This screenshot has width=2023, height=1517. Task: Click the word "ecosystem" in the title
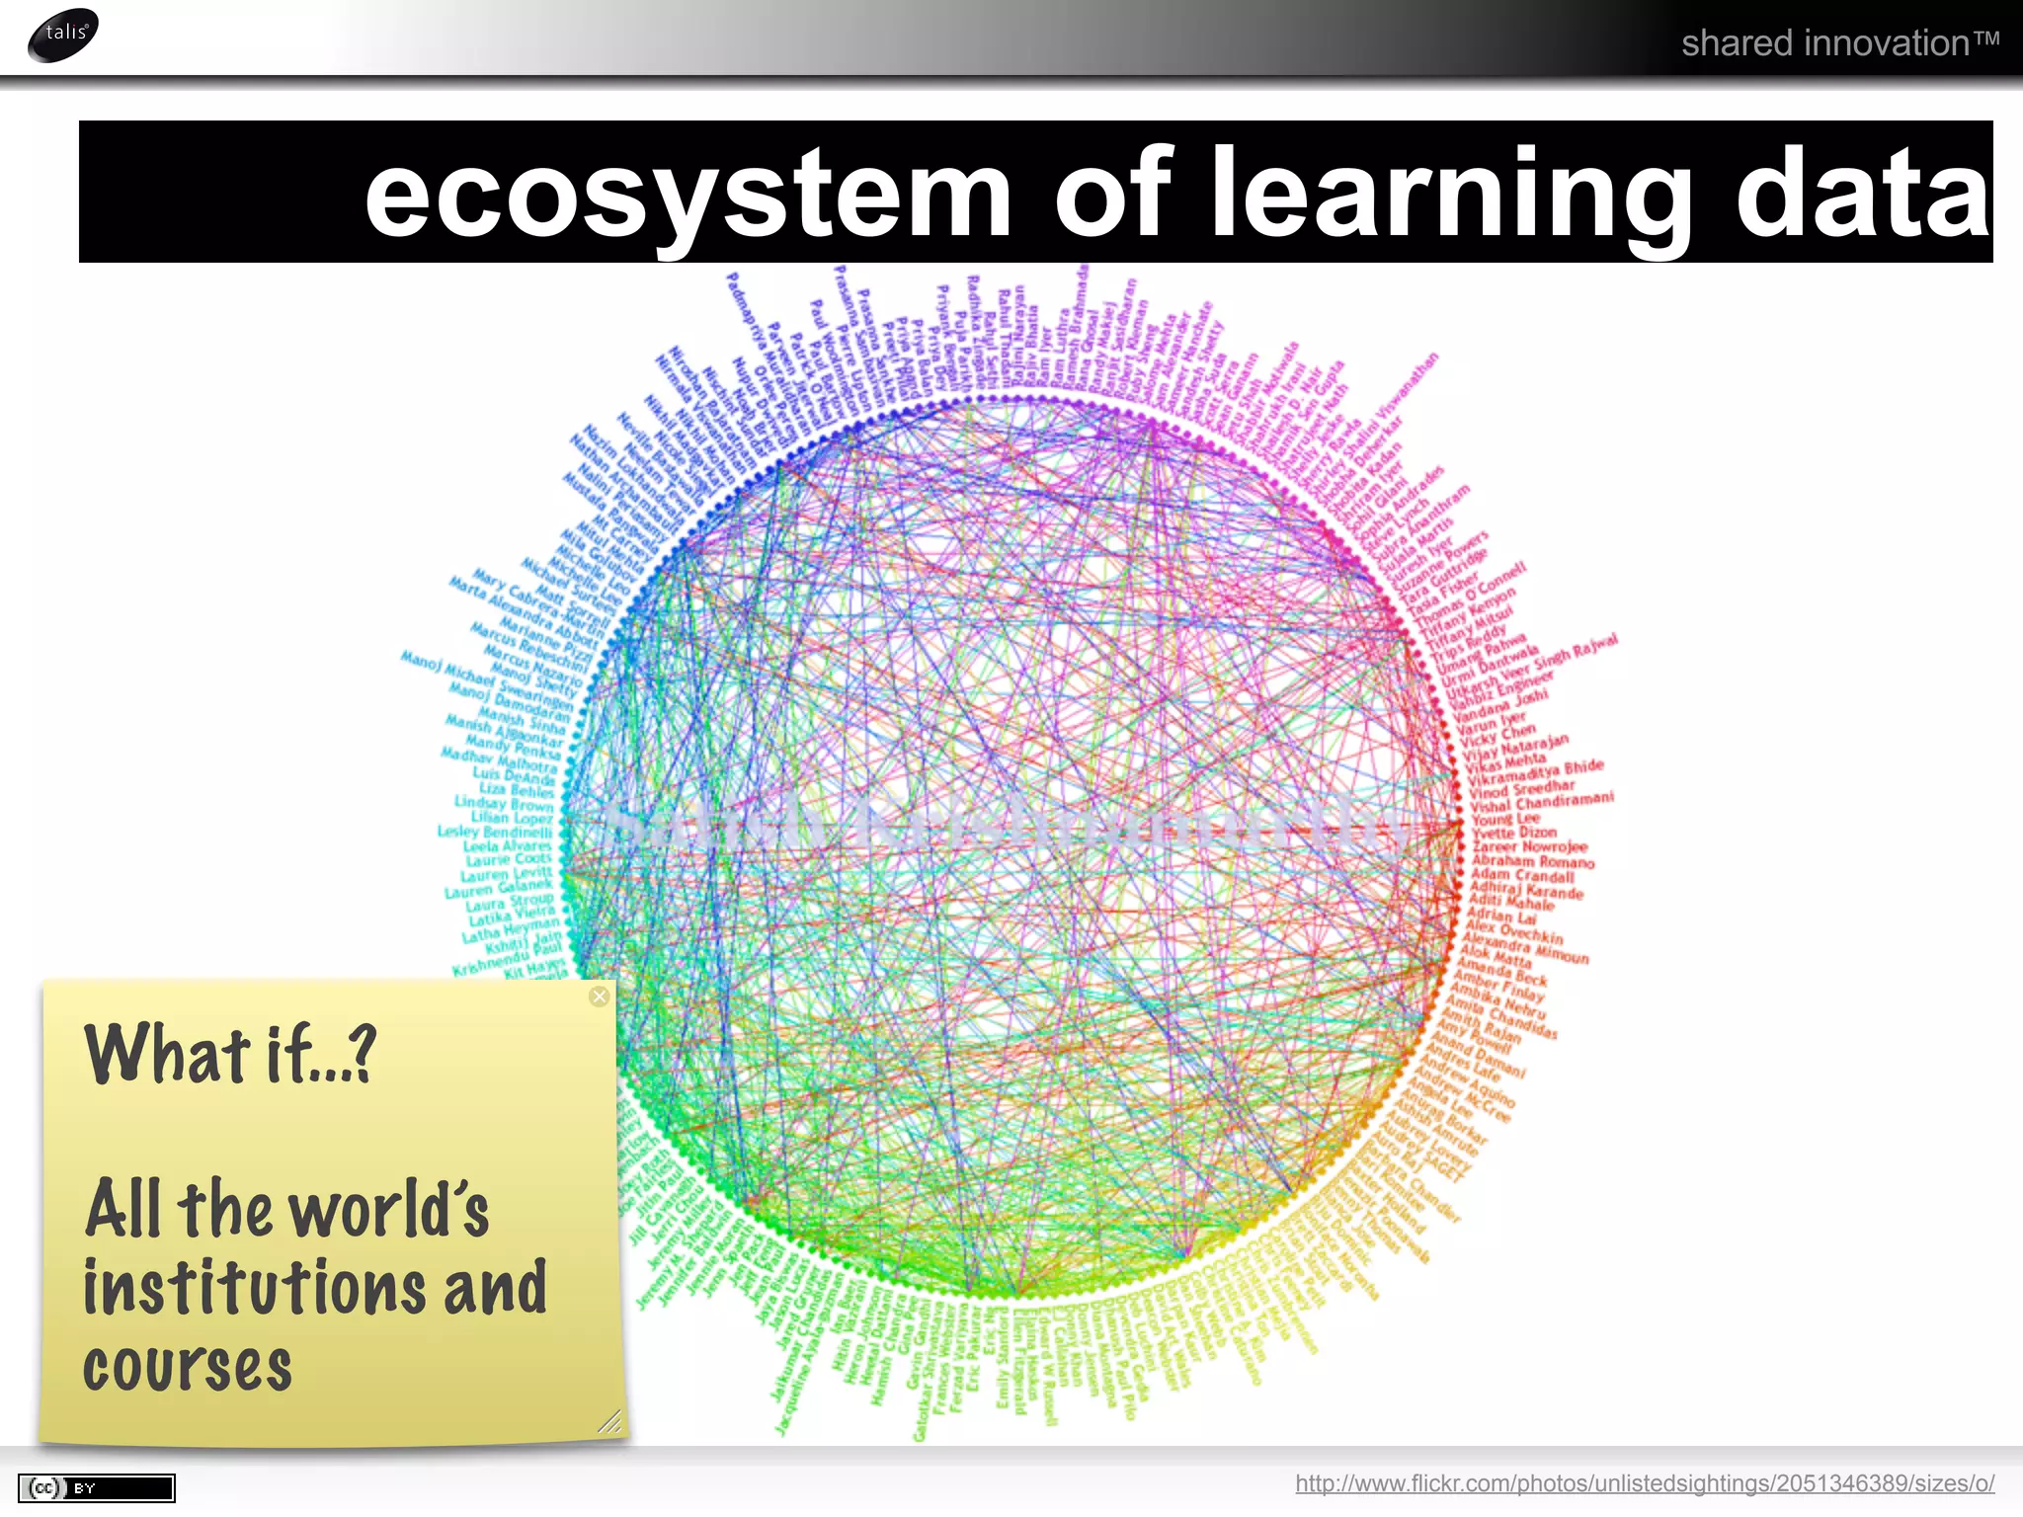[688, 194]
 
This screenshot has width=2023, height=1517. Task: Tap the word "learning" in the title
[1451, 194]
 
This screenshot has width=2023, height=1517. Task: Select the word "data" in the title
[1862, 194]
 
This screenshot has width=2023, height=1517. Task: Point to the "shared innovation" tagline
[1839, 43]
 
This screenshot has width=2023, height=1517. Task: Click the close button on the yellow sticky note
[599, 997]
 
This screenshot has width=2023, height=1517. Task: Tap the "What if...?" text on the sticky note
[230, 1055]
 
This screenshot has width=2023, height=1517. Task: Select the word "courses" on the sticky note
[188, 1367]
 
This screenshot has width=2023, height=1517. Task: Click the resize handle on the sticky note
[610, 1421]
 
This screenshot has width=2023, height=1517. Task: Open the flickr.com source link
[1645, 1483]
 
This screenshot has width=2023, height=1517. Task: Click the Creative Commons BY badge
[96, 1487]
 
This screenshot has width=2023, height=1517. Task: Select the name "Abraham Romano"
[1533, 861]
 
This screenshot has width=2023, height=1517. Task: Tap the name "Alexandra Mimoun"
[1526, 946]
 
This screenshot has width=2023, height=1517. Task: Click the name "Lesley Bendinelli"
[495, 831]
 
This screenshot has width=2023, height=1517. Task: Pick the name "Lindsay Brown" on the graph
[504, 803]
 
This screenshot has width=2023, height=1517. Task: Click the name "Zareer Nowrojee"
[1529, 846]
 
